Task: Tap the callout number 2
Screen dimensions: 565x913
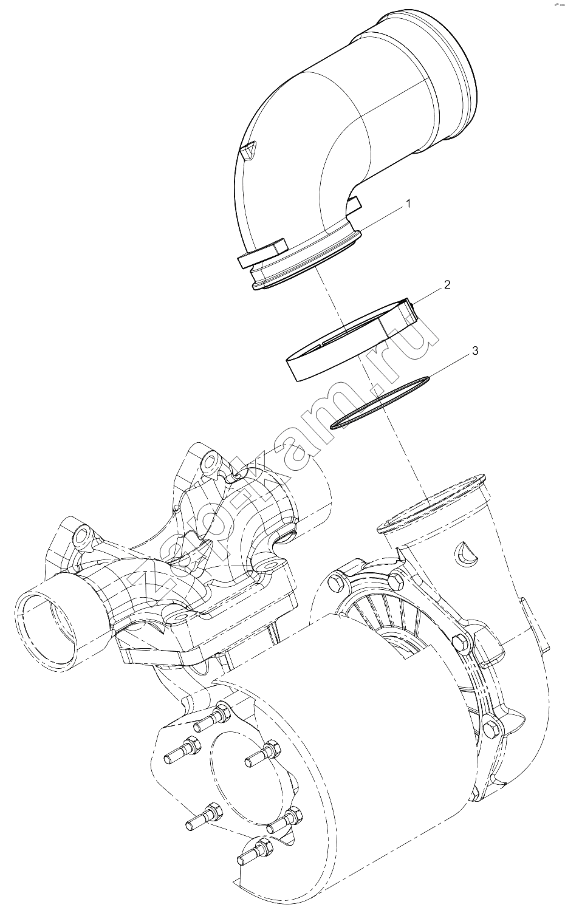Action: (x=447, y=284)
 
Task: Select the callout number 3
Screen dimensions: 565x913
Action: (x=474, y=350)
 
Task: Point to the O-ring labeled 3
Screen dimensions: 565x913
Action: (x=380, y=403)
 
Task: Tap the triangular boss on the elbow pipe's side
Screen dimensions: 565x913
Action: (x=248, y=151)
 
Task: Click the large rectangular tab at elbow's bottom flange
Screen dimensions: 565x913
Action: (x=262, y=253)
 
